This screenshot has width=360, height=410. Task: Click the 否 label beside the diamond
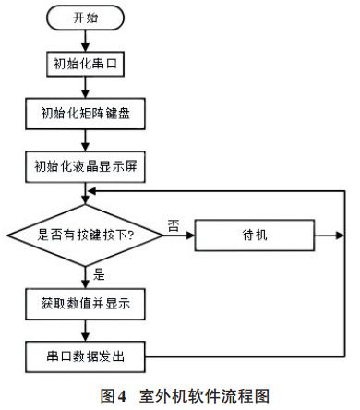pos(173,224)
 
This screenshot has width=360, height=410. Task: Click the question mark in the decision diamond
pos(132,234)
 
